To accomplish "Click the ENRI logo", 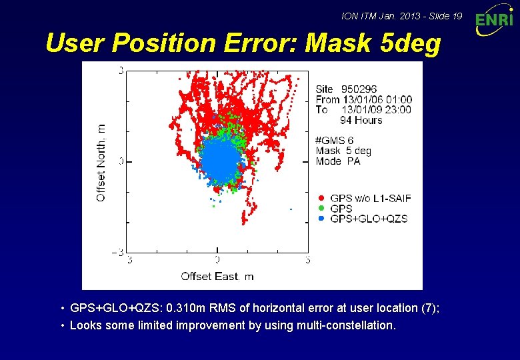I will point(494,23).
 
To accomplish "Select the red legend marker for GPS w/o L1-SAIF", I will point(321,198).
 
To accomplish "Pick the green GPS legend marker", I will point(321,208).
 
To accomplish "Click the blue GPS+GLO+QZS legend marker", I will point(321,218).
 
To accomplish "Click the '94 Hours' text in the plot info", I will point(361,120).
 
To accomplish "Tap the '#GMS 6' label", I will point(335,141).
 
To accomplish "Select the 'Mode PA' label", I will point(338,161).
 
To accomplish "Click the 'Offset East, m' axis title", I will point(217,276).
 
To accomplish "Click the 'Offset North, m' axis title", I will point(101,162).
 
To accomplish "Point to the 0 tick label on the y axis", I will point(121,161).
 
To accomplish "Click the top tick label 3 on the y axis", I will point(121,70).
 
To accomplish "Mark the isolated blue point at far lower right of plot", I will point(291,209).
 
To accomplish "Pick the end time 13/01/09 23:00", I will point(377,109).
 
